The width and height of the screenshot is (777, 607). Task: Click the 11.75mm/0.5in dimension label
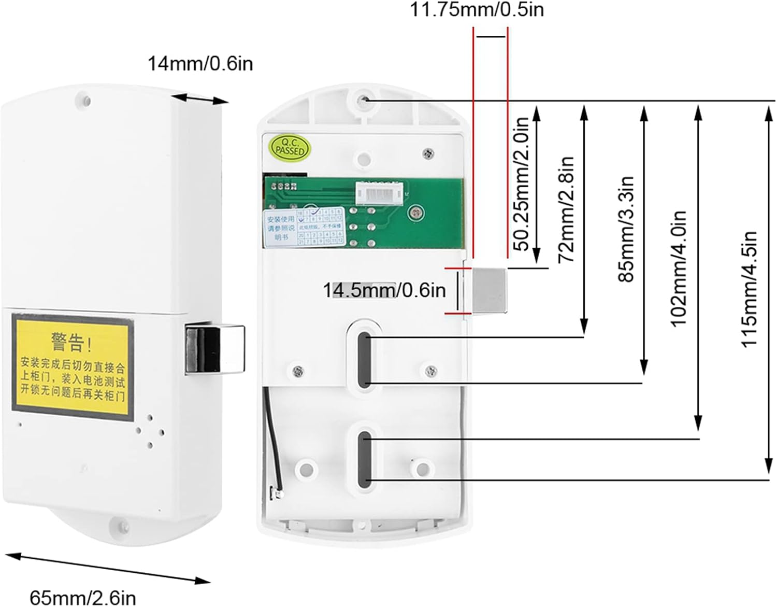(477, 9)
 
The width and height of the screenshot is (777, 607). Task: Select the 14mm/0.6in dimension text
(200, 64)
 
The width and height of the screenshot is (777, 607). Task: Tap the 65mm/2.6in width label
(83, 597)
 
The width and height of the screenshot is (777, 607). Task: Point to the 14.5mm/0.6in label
(384, 290)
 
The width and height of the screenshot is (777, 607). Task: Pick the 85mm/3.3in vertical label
(626, 229)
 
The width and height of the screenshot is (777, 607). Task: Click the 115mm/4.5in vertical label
(749, 289)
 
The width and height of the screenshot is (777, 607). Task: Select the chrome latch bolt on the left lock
(213, 349)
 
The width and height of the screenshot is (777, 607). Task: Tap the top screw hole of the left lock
(83, 100)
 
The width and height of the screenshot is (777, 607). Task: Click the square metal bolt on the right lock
(489, 290)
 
